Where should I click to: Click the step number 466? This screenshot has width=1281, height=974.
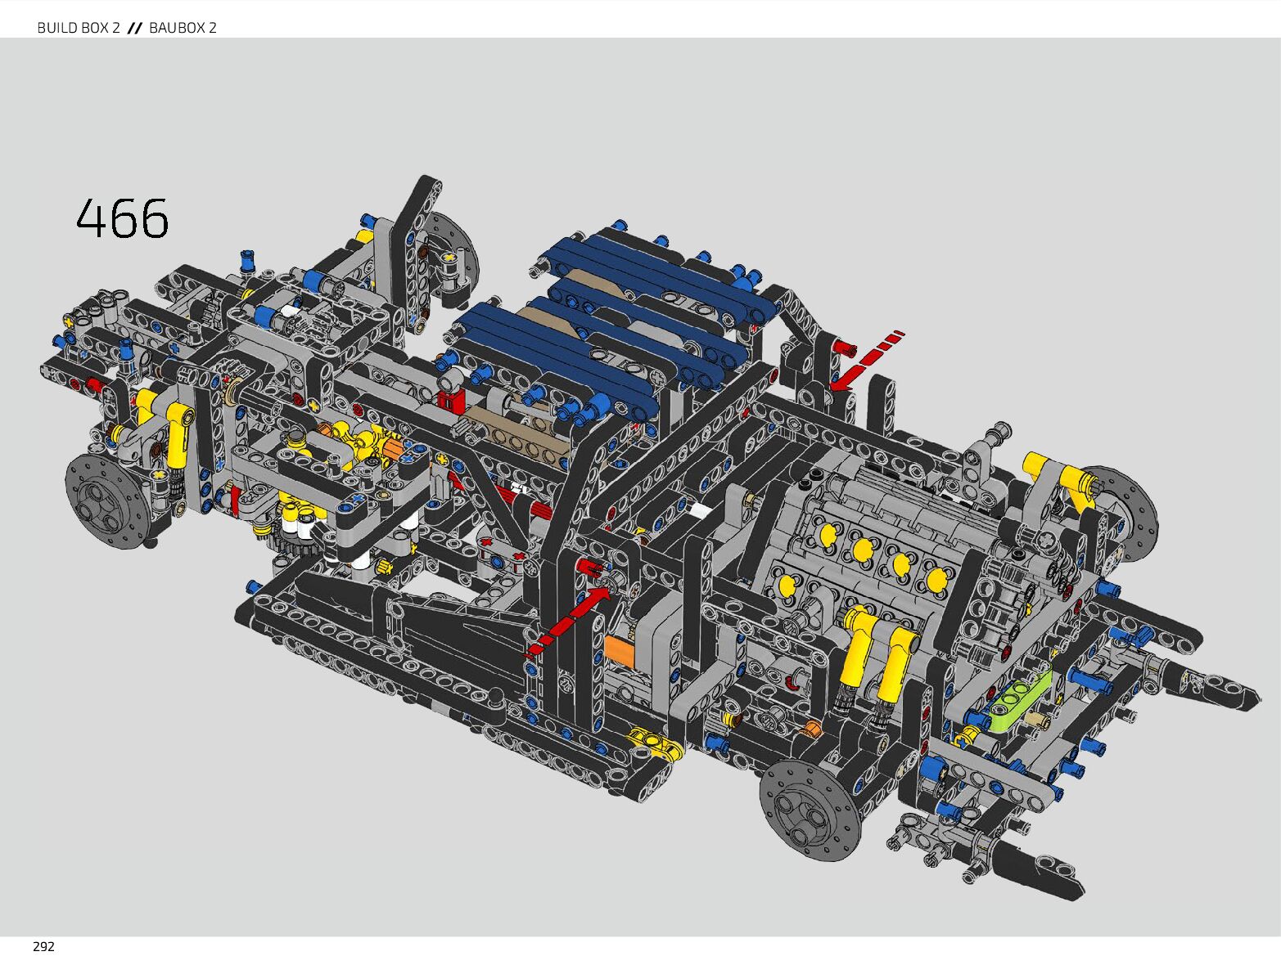point(123,218)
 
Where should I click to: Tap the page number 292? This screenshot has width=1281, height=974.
point(43,947)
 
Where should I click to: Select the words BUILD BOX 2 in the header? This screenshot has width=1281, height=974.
point(79,28)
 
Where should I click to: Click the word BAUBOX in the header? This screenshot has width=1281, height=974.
point(174,28)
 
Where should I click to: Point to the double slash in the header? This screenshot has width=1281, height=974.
point(135,28)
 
